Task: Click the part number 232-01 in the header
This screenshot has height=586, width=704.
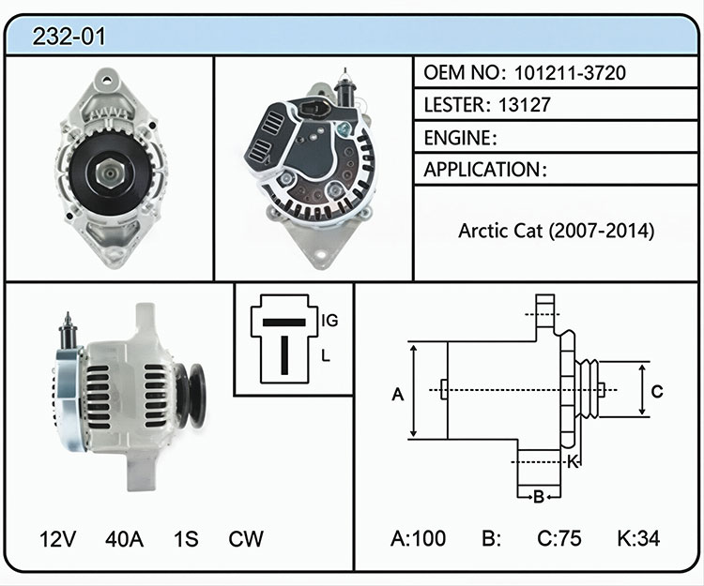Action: point(69,37)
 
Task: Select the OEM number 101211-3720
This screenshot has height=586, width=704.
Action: point(570,72)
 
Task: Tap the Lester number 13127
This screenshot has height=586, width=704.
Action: point(525,105)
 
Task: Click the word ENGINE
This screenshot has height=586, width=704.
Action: point(458,138)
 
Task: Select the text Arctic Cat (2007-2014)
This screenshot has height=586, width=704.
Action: point(557,231)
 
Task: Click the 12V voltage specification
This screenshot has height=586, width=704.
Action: point(57,539)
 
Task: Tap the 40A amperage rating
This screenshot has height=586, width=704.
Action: point(124,539)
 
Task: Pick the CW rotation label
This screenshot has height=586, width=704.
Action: point(246,539)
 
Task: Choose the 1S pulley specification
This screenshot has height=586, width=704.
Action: point(186,539)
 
